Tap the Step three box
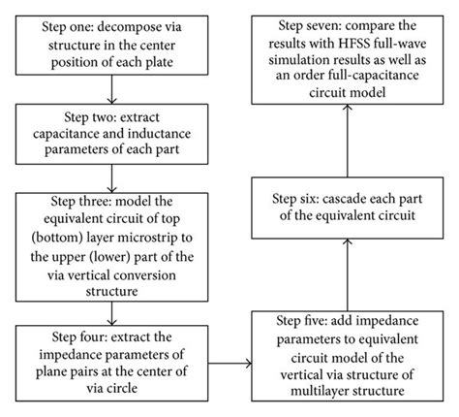click(x=114, y=245)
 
